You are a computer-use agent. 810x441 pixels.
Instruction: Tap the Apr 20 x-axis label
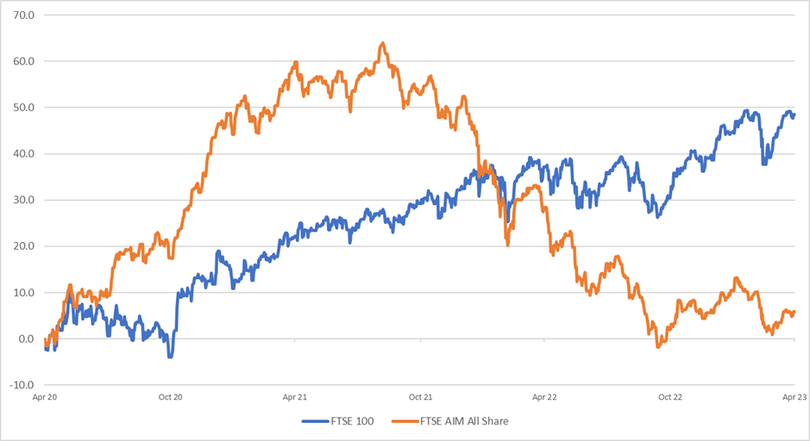coord(45,398)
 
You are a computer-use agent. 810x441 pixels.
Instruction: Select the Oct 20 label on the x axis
coord(171,398)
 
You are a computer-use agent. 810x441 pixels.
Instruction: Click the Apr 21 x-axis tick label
coord(295,398)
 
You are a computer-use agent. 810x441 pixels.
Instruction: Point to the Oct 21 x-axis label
coord(420,398)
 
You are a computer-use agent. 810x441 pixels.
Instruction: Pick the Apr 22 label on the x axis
coord(545,398)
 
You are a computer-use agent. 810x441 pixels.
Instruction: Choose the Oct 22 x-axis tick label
coord(670,398)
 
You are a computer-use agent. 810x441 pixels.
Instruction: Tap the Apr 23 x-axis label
coord(794,398)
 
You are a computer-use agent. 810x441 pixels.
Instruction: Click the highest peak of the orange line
coord(382,43)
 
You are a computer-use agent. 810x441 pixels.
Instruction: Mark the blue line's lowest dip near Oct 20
coord(170,355)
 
